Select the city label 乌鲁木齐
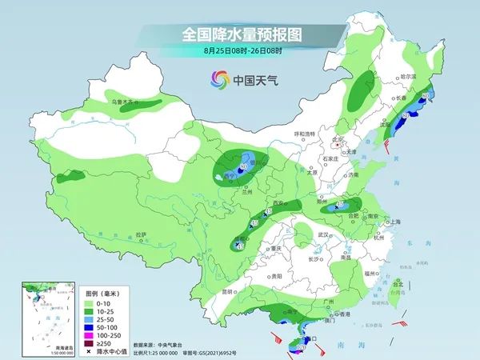coord(125,102)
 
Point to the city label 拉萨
coord(142,234)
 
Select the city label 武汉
coord(323,234)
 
